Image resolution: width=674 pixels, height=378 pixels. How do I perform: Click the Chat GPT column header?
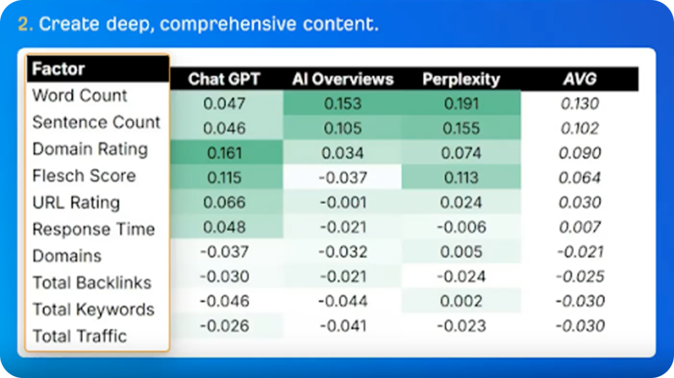(x=224, y=79)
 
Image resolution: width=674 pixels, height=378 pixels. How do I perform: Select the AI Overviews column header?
(x=342, y=79)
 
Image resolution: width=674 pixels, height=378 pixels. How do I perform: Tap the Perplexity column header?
(x=461, y=79)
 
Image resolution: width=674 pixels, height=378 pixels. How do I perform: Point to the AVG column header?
(x=580, y=79)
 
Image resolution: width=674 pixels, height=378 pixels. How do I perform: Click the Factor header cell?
(x=59, y=68)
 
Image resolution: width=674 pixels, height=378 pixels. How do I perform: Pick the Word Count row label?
(x=80, y=95)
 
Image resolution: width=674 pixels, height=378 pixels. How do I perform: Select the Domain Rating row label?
(x=90, y=149)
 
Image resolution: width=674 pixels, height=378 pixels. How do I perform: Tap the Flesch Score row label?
(x=84, y=176)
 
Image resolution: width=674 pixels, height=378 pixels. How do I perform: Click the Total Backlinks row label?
(x=92, y=283)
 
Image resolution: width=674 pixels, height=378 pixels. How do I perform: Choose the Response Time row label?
(x=93, y=229)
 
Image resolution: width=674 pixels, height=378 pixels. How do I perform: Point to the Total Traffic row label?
(x=80, y=336)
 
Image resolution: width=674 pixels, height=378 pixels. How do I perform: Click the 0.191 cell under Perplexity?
(x=461, y=103)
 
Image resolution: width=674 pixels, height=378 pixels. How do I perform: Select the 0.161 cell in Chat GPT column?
(x=224, y=153)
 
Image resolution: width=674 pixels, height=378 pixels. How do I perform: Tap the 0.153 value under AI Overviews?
(x=342, y=103)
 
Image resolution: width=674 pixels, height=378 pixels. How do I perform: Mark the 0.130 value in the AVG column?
(x=580, y=103)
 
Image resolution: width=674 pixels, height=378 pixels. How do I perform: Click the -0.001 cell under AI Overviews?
(x=342, y=203)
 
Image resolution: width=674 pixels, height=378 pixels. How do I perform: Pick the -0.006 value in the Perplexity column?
(x=461, y=227)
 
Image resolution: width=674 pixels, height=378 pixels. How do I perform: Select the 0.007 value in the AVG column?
(x=580, y=227)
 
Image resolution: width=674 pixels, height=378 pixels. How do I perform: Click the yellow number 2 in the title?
(x=23, y=24)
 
